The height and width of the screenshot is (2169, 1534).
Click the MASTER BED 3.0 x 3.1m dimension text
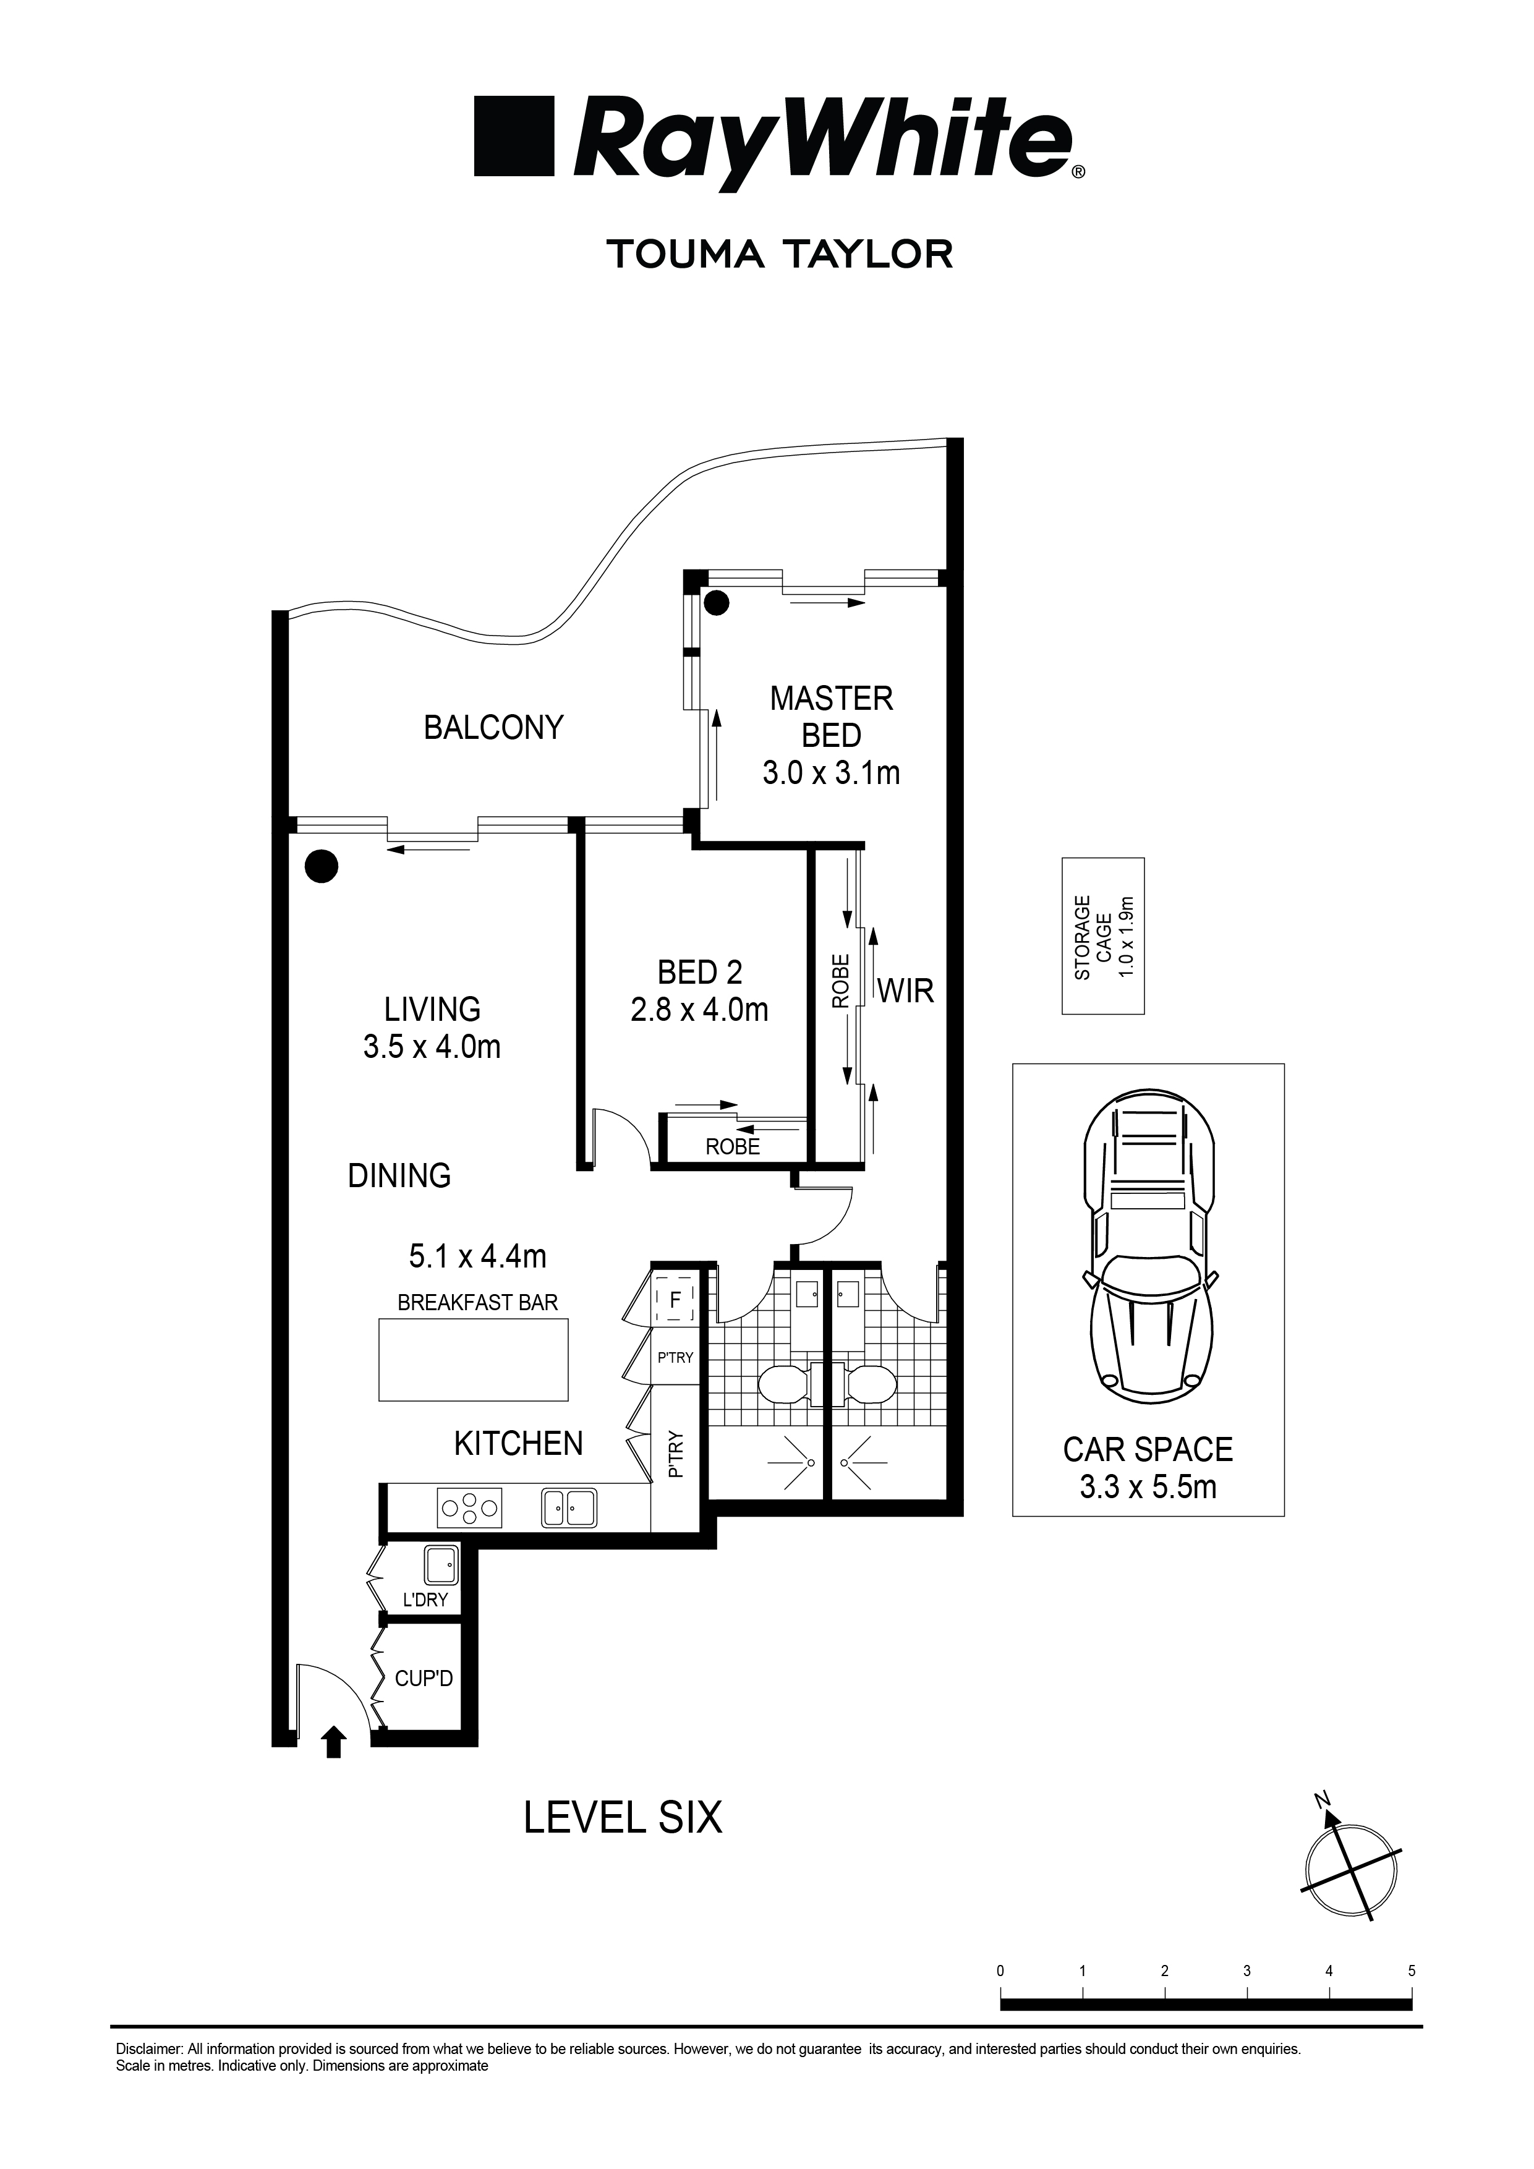click(x=831, y=773)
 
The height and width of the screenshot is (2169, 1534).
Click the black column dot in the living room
click(x=322, y=866)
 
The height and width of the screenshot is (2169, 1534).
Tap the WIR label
click(x=906, y=991)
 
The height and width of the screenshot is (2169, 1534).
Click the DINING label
click(x=399, y=1175)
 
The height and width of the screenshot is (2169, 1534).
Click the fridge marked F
click(x=675, y=1300)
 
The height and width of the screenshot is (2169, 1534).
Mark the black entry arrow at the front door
click(x=333, y=1742)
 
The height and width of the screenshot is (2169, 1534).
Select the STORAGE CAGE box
click(x=1103, y=936)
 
